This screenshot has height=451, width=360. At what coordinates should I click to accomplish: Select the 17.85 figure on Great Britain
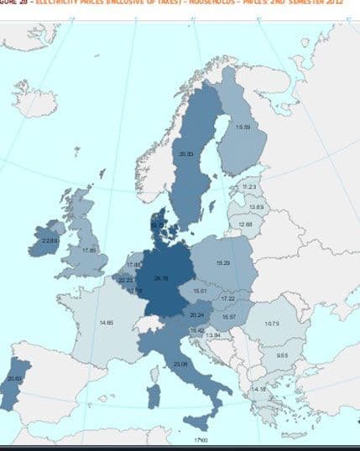[90, 250]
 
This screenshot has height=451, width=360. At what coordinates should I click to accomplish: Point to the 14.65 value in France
[107, 323]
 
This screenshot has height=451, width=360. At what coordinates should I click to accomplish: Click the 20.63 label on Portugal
[13, 379]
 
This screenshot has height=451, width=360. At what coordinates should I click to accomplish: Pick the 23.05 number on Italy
[180, 364]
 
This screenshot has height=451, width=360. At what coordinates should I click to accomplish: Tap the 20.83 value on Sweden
[186, 153]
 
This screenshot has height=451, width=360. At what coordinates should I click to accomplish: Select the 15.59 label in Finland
[243, 127]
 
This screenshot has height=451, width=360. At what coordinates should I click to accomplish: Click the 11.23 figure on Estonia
[248, 187]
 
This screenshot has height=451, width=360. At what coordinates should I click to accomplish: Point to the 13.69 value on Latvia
[256, 206]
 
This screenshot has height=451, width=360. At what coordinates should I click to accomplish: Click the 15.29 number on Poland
[223, 263]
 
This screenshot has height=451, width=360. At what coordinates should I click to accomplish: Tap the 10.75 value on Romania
[272, 324]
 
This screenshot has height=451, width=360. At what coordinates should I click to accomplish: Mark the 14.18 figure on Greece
[259, 390]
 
